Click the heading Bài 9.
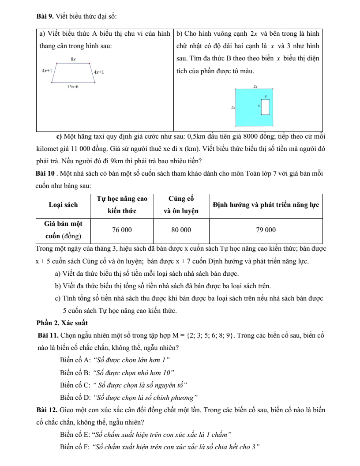[45, 17]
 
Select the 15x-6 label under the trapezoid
[73, 87]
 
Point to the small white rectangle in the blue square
[265, 107]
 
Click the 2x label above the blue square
[255, 87]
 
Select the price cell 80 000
[181, 229]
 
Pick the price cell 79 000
[266, 229]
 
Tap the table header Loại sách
[63, 205]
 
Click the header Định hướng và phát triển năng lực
[266, 205]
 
